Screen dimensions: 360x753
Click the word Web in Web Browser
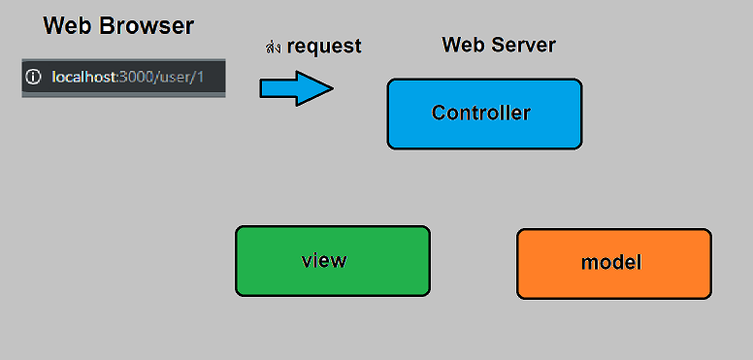coord(68,26)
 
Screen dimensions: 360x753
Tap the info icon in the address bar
coord(35,76)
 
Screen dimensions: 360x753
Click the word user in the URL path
coord(179,76)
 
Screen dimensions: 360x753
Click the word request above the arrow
coord(324,47)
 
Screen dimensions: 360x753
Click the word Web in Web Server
coord(462,45)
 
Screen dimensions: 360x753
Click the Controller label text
coord(481,113)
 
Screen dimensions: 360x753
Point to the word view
coord(324,260)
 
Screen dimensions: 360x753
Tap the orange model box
coord(613,283)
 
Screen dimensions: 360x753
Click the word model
coord(611,262)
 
